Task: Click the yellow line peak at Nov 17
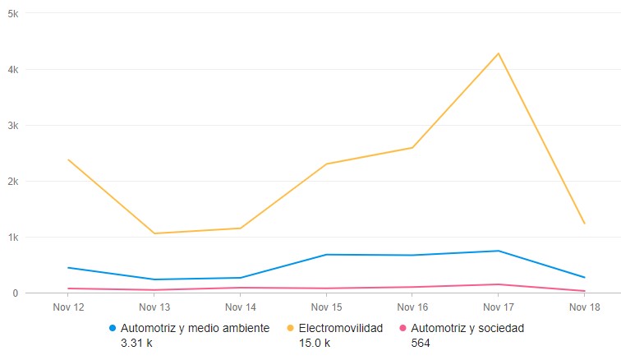tap(498, 53)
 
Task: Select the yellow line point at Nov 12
tap(68, 159)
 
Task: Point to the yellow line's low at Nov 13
tap(154, 233)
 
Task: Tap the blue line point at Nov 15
tap(326, 255)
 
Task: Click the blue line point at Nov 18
tap(584, 277)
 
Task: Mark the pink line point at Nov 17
tap(498, 284)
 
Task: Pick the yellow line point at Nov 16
tap(412, 148)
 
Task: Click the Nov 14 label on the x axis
tap(240, 308)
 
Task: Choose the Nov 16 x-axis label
tap(412, 308)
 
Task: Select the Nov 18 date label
tap(584, 308)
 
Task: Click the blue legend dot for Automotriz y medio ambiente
tap(113, 328)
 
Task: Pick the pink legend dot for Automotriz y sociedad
tap(402, 328)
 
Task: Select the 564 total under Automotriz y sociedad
tap(421, 343)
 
